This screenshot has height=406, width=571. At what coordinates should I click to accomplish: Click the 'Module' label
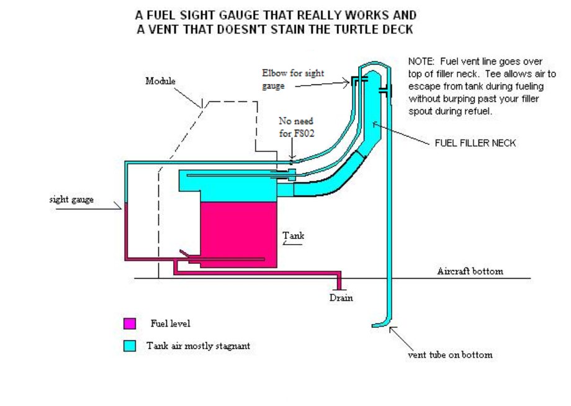pos(161,81)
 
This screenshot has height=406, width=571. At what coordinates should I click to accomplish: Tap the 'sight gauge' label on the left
pos(71,200)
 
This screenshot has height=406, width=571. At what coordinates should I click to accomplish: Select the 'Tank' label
pos(294,236)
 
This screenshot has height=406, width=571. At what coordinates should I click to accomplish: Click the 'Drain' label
pos(341,298)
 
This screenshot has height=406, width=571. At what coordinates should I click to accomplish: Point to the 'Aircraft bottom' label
pos(470,271)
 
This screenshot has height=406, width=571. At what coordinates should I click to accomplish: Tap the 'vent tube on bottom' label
pos(450,355)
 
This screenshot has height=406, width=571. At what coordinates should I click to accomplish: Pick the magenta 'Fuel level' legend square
pos(130,323)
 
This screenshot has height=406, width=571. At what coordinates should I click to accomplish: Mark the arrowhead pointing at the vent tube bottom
pos(391,330)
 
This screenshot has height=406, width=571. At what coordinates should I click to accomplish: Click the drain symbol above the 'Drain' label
pos(339,287)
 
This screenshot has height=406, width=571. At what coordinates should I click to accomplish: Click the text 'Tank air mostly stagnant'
pos(198,346)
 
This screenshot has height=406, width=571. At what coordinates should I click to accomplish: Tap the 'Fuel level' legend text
pos(170,323)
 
